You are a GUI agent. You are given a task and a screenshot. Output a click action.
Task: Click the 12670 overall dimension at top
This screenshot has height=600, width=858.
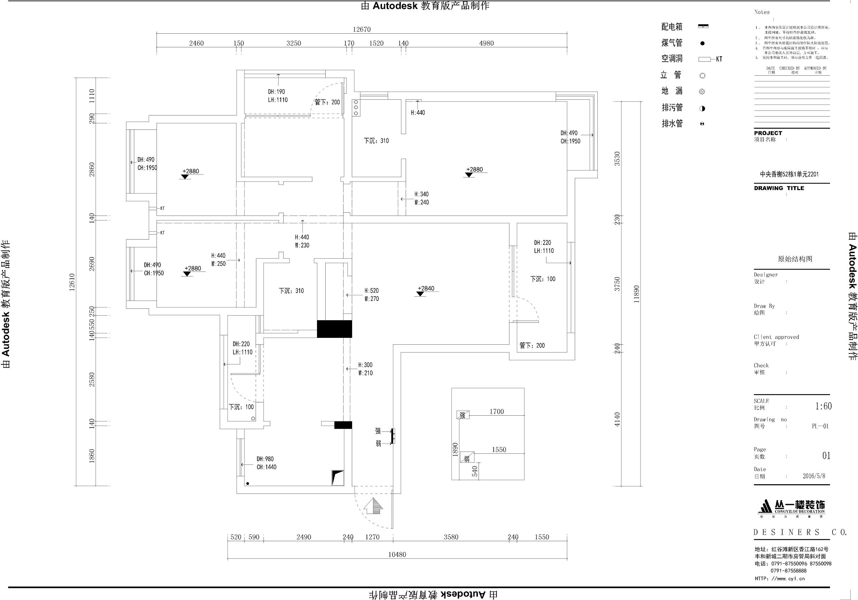pyautogui.click(x=362, y=29)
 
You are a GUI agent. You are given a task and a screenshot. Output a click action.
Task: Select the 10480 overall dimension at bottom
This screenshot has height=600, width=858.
pyautogui.click(x=396, y=554)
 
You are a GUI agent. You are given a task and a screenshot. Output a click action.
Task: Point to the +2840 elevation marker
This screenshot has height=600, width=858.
pyautogui.click(x=426, y=289)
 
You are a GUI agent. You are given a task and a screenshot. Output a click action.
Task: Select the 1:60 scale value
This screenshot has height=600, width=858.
pyautogui.click(x=823, y=406)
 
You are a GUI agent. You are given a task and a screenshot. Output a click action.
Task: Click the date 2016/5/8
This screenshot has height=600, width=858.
pyautogui.click(x=814, y=476)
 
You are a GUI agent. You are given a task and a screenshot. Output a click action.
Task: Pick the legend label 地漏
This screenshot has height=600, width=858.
pyautogui.click(x=672, y=91)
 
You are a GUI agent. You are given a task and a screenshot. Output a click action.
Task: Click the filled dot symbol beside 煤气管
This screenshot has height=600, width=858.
pyautogui.click(x=702, y=43)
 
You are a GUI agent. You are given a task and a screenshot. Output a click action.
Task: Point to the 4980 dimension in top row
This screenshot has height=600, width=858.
pyautogui.click(x=486, y=43)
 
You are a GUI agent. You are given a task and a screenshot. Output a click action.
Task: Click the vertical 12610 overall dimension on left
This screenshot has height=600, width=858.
pyautogui.click(x=72, y=282)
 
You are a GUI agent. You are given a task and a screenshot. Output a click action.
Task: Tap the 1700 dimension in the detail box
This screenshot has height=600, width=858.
pyautogui.click(x=496, y=411)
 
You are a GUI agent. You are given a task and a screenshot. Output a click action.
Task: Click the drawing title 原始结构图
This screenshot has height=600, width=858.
pyautogui.click(x=795, y=259)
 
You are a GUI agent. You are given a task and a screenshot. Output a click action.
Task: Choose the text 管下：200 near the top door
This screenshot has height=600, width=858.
pyautogui.click(x=327, y=102)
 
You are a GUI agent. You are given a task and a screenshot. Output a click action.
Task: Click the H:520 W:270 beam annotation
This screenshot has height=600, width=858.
pyautogui.click(x=372, y=294)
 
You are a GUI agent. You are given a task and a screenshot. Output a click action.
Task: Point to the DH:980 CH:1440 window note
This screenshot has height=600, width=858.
pyautogui.click(x=266, y=463)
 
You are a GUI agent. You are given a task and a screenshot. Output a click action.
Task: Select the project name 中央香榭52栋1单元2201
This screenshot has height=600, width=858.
pyautogui.click(x=789, y=174)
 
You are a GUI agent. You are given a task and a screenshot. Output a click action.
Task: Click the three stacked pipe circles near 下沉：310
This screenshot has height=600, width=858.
pyautogui.click(x=356, y=108)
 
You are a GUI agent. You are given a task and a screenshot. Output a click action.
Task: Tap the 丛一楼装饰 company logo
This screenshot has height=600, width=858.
pyautogui.click(x=792, y=508)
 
